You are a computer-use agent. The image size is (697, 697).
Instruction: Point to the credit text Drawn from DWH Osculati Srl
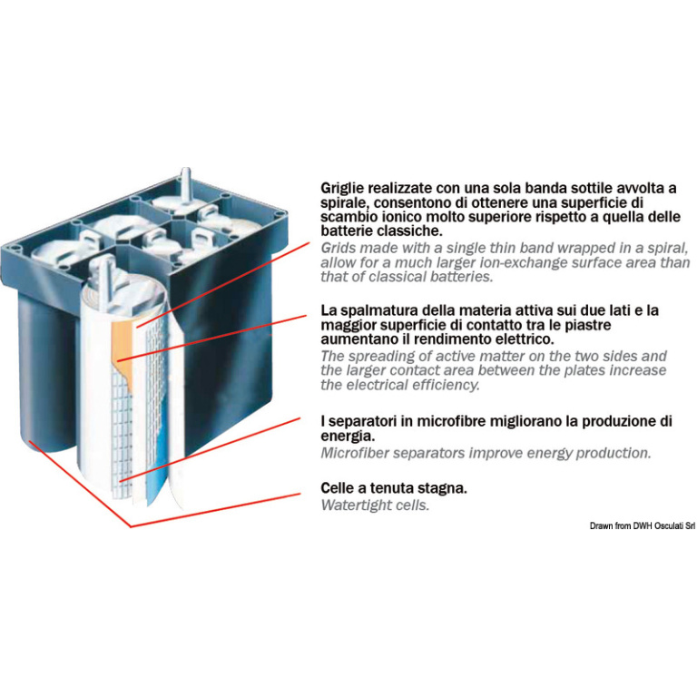(642, 525)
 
